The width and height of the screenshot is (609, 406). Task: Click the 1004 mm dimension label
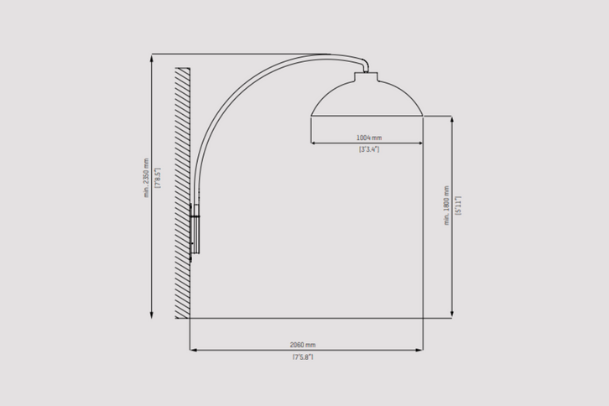[369, 137]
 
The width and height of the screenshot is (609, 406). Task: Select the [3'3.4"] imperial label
[369, 148]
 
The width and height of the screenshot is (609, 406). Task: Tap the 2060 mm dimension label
[302, 345]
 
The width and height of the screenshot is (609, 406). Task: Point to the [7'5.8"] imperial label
[302, 357]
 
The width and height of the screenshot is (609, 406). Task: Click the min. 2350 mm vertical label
[146, 179]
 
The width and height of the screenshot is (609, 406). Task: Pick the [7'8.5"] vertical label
[157, 179]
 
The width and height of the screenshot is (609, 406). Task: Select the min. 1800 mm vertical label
[447, 206]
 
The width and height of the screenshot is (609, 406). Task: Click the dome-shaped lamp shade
[367, 99]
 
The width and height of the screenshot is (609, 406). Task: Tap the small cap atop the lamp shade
[367, 75]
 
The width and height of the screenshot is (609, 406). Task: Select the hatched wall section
[182, 191]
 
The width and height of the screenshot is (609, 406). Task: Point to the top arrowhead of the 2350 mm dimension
[152, 58]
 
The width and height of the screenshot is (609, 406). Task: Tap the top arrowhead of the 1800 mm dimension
[453, 119]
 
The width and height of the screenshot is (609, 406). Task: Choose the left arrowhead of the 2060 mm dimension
[193, 350]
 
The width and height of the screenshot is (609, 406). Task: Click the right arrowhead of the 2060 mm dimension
[420, 350]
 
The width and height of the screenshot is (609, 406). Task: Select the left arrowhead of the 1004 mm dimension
[314, 143]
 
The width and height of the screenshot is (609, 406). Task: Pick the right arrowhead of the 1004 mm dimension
[420, 143]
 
